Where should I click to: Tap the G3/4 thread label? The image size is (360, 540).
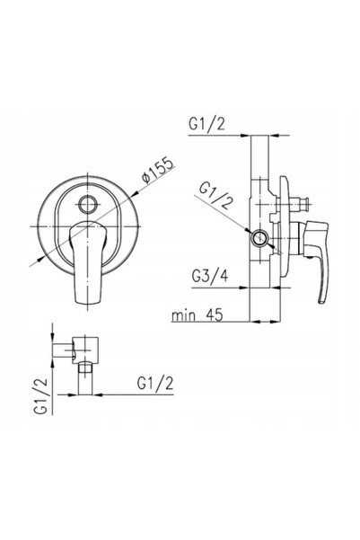[210, 276]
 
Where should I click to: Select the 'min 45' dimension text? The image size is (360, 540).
[198, 315]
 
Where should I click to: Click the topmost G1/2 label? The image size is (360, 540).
[206, 124]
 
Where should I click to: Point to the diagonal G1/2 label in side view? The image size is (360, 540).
[215, 195]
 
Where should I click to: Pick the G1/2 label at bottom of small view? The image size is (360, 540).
[155, 384]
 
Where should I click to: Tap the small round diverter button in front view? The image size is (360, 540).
[89, 205]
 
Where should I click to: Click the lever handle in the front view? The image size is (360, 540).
[88, 262]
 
